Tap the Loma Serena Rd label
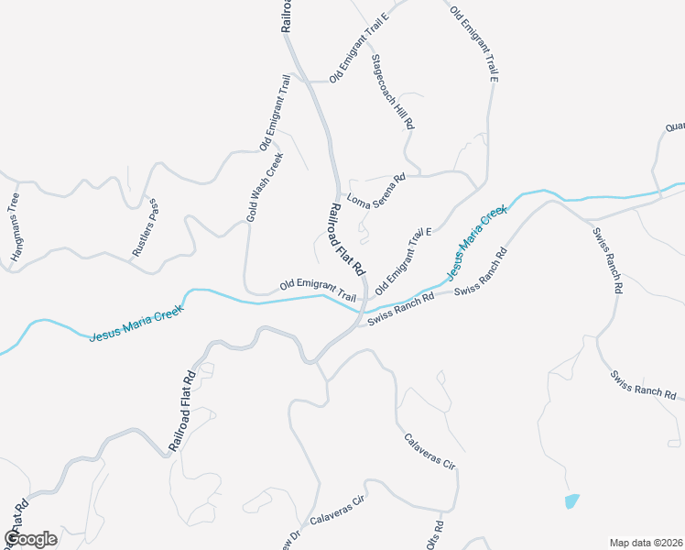click(375, 189)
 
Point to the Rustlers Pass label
click(145, 227)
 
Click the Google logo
click(30, 539)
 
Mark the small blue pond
click(572, 501)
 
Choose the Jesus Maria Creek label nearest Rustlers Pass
click(137, 323)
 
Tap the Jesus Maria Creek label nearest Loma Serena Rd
click(475, 243)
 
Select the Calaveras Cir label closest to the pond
click(429, 451)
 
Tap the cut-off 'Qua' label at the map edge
click(675, 127)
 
